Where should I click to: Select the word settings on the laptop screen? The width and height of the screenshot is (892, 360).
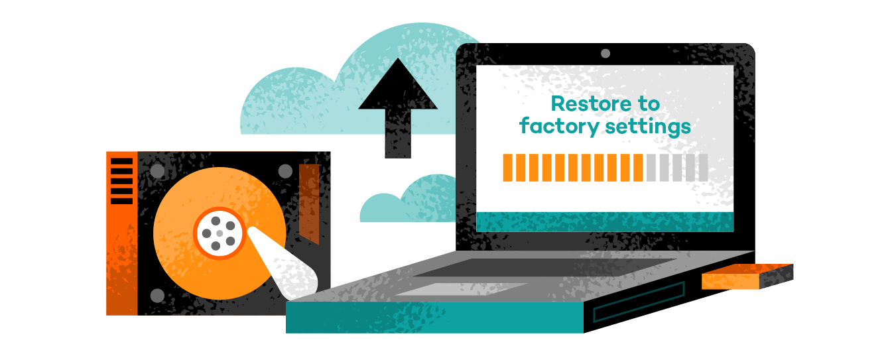point(651,126)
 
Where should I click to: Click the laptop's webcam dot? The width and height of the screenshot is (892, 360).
point(605,53)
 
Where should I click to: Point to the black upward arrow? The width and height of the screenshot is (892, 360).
point(398,106)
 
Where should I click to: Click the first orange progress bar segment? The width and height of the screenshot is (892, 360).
point(508,168)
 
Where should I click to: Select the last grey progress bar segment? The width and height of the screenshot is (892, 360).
point(703,168)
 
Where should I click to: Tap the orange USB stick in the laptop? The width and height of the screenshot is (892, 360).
point(747,276)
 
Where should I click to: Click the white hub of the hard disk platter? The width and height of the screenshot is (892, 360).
point(219,233)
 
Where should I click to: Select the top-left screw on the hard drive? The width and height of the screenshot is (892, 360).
point(157,171)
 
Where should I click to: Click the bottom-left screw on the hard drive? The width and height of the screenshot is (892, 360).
point(157,295)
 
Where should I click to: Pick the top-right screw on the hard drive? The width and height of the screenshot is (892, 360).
point(285,171)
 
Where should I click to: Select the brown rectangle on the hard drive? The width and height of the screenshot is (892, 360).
point(309,202)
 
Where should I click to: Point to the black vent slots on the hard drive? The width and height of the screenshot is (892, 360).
point(121,181)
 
